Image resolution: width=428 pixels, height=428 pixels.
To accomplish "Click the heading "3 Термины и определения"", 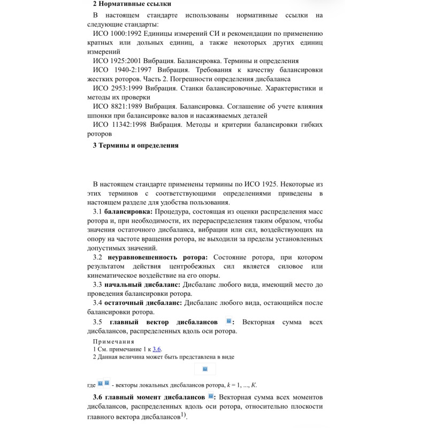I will (135, 146).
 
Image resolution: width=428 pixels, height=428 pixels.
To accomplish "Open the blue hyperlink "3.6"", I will (157, 349).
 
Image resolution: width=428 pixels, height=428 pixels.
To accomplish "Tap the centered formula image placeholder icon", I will (205, 369).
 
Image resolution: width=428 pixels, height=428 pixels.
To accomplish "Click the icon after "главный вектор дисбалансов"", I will (228, 321).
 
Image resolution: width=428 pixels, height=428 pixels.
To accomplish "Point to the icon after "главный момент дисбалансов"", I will (211, 396).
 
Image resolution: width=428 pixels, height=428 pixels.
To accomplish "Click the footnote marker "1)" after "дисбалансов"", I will (183, 414).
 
